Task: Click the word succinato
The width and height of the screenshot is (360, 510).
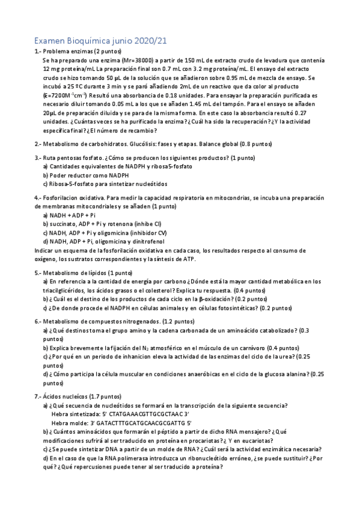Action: point(63,223)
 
